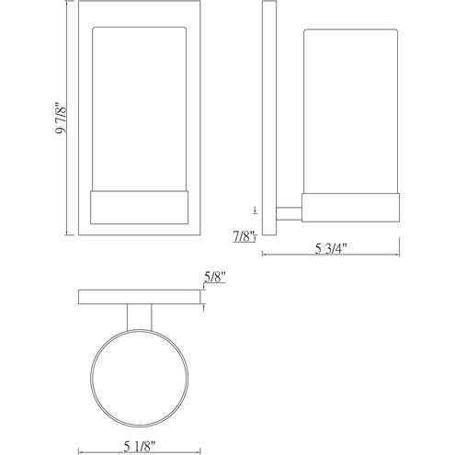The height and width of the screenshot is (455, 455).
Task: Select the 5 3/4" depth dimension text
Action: [x=330, y=248]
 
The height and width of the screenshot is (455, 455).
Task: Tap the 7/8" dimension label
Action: [x=244, y=236]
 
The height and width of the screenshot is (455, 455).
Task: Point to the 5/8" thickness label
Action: [x=215, y=277]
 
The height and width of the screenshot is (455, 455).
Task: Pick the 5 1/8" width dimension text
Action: [x=139, y=447]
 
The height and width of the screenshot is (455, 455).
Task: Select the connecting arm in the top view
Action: [x=140, y=317]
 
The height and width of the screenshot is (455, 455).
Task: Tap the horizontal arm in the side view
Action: [x=289, y=213]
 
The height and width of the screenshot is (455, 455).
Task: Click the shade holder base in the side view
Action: [x=350, y=208]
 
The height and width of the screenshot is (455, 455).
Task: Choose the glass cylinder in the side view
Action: [x=350, y=111]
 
